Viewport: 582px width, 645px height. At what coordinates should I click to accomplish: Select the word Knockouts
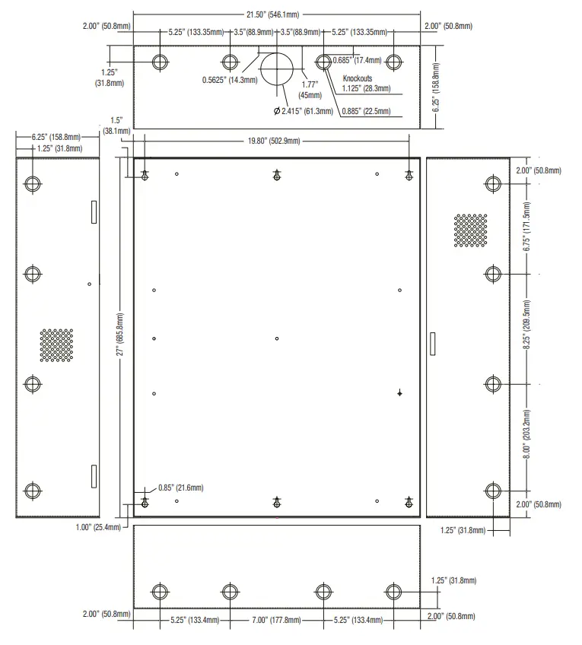[x=357, y=78]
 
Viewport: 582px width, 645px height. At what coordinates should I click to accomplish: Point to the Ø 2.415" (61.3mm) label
[x=303, y=111]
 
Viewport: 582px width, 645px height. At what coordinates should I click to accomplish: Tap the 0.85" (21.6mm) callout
[x=180, y=488]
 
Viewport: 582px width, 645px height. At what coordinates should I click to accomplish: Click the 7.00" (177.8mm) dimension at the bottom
[x=277, y=620]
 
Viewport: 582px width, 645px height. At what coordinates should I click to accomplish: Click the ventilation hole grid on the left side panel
[x=57, y=345]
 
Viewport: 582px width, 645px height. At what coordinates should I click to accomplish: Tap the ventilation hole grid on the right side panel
[x=470, y=230]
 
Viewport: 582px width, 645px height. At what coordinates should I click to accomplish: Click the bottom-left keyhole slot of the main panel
[x=145, y=502]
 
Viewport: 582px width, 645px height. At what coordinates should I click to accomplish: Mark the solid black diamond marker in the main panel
[x=399, y=393]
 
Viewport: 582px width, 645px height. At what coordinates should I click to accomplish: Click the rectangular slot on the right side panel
[x=433, y=343]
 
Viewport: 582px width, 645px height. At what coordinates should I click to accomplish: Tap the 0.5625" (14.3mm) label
[x=230, y=80]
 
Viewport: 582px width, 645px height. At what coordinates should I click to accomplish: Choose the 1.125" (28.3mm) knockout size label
[x=367, y=88]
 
